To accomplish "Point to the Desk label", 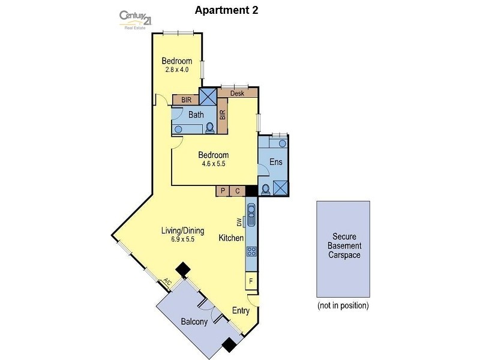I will pyautogui.click(x=238, y=94).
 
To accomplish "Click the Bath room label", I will pyautogui.click(x=196, y=115).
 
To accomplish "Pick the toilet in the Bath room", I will pyautogui.click(x=210, y=127).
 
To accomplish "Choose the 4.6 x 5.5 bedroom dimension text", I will pyautogui.click(x=214, y=163).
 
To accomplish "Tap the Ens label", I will pyautogui.click(x=275, y=161).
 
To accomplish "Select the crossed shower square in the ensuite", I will pyautogui.click(x=280, y=187).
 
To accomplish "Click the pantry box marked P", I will pyautogui.click(x=223, y=191).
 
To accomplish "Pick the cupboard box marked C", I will pyautogui.click(x=238, y=191).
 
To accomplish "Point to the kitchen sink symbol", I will pyautogui.click(x=251, y=214).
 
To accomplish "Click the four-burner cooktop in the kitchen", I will pyautogui.click(x=251, y=253).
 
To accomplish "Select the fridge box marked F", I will pyautogui.click(x=251, y=280).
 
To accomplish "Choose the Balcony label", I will pyautogui.click(x=194, y=322).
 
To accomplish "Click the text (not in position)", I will pyautogui.click(x=343, y=305).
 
